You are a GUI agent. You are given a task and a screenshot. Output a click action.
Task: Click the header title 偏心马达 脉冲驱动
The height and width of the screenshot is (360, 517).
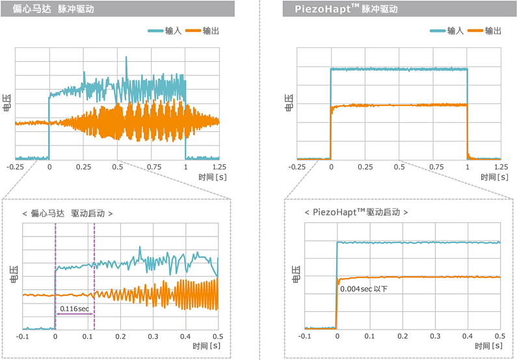(57, 9)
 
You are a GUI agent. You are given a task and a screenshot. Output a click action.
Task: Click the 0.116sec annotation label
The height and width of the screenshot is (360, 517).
(74, 308)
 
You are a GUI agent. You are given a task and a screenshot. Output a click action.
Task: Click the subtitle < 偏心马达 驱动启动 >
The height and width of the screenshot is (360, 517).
(68, 213)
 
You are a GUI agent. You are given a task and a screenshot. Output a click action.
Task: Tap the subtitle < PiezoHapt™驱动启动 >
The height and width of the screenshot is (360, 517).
(356, 212)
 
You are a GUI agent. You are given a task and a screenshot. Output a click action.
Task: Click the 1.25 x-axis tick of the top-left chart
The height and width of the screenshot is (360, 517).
(219, 167)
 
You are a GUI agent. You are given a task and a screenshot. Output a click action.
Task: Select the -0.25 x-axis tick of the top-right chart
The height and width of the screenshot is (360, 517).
(297, 167)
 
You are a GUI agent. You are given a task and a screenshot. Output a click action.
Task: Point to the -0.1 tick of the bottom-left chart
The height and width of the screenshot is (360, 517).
(23, 337)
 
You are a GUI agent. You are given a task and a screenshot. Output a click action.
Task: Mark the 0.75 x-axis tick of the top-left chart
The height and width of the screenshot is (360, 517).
(152, 167)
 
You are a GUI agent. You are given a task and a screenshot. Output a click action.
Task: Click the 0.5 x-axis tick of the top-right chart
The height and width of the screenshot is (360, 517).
(399, 167)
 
